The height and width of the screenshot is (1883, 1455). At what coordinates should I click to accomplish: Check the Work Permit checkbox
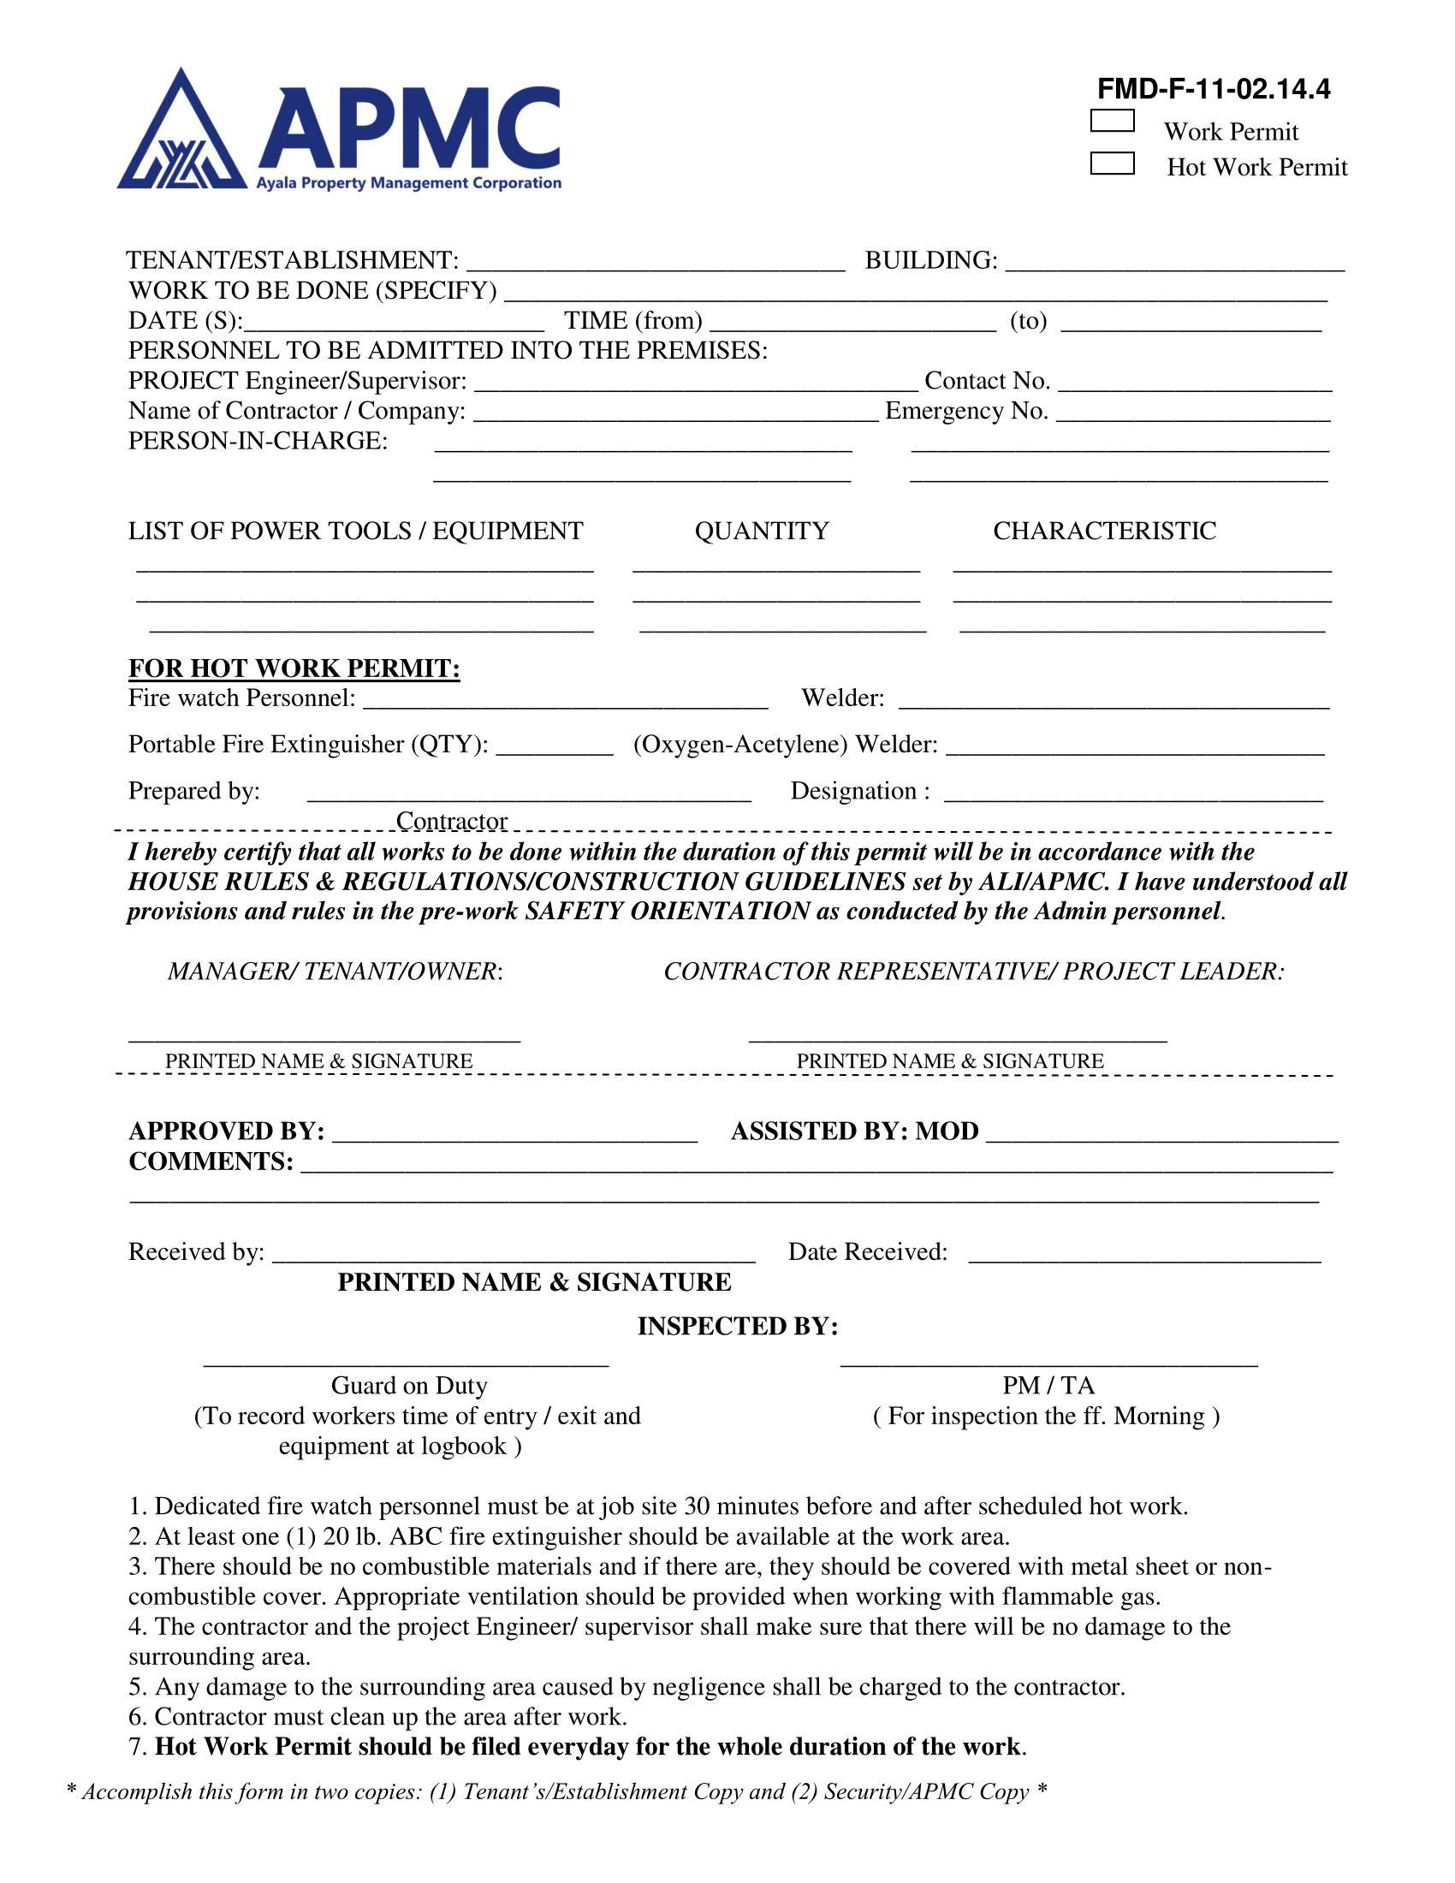tap(1112, 121)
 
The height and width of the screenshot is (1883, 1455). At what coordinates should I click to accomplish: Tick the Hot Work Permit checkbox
tap(1112, 163)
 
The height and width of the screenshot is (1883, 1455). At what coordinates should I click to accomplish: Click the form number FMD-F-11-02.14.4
tap(1213, 89)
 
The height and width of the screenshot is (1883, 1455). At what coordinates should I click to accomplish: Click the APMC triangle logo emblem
tap(181, 134)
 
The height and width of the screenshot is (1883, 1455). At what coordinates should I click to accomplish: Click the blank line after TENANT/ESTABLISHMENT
tap(655, 262)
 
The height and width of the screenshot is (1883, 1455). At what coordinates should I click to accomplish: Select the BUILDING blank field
tap(1174, 262)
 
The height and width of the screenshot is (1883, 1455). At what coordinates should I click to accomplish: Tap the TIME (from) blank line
tap(853, 323)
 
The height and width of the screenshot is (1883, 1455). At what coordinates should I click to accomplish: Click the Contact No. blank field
tap(1195, 383)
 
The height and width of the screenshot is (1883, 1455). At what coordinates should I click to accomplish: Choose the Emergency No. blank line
tap(1194, 413)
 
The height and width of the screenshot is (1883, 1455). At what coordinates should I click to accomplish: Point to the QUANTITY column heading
tap(761, 532)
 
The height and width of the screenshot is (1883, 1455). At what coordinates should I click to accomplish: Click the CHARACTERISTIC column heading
tap(1104, 532)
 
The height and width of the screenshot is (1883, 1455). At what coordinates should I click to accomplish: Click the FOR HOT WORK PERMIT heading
tap(294, 669)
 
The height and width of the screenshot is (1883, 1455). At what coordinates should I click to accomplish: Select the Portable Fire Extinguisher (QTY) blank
tap(555, 746)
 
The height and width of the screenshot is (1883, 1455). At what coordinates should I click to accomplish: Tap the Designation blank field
tap(1132, 793)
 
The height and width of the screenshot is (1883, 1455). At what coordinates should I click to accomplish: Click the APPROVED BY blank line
tap(514, 1133)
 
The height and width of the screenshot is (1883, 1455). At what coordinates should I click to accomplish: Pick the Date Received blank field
tap(1143, 1254)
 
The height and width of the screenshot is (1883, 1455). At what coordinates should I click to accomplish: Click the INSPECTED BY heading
tap(737, 1326)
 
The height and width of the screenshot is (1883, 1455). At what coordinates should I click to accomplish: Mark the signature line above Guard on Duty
tap(406, 1363)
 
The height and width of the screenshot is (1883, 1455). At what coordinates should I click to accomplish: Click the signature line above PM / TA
tap(1048, 1363)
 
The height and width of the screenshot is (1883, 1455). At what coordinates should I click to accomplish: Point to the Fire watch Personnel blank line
tap(566, 700)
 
